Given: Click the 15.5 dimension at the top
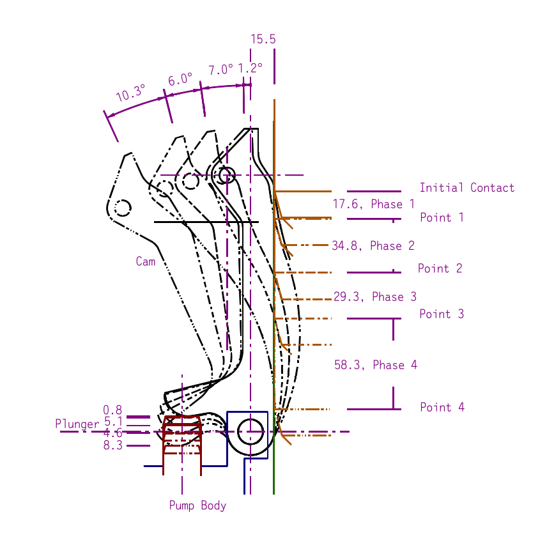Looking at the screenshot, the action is point(263,39).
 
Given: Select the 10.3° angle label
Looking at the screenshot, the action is point(130,93).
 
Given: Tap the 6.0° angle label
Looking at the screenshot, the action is point(180,79).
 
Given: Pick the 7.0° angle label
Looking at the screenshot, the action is point(220,70).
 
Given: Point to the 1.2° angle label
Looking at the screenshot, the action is point(250,68).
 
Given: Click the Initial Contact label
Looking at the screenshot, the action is point(466,188).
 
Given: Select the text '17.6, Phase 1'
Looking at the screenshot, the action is point(373,204).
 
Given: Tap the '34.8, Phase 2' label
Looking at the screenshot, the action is point(373,245).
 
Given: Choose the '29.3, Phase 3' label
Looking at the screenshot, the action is point(375,297).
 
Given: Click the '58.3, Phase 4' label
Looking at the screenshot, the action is point(376,365).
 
